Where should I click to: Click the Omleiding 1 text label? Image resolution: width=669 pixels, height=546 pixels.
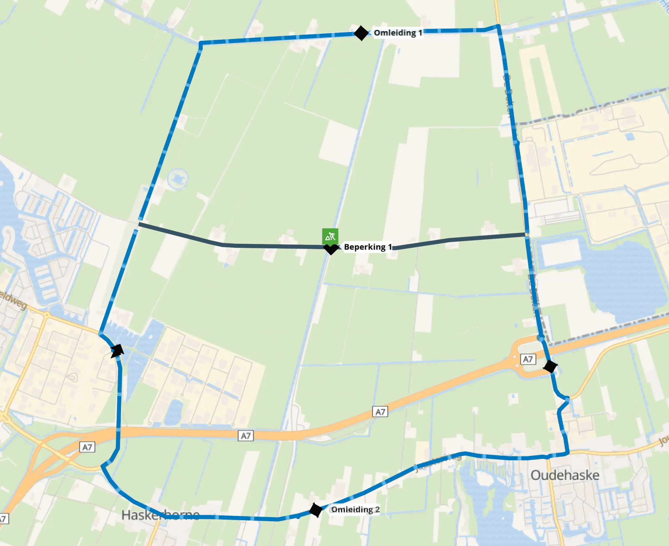click(398, 33)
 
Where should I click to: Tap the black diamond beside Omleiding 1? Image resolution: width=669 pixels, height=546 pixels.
click(361, 33)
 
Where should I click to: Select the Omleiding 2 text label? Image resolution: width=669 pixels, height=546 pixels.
click(355, 510)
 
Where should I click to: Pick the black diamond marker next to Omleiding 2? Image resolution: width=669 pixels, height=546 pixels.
click(316, 510)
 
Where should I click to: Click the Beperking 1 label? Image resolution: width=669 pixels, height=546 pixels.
click(367, 247)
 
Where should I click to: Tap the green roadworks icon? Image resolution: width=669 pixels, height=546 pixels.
click(330, 236)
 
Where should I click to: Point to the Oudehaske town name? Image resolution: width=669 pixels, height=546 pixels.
click(565, 475)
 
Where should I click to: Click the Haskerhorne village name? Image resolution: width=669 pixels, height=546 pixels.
click(160, 515)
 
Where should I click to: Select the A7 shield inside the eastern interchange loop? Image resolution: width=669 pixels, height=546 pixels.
click(528, 359)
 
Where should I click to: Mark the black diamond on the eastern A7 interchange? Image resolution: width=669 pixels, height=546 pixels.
click(550, 366)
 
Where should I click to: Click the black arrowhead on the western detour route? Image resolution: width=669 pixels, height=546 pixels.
click(117, 351)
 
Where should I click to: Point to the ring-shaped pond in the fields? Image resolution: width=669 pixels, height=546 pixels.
click(177, 178)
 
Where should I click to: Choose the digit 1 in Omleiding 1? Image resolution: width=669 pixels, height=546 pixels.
click(420, 33)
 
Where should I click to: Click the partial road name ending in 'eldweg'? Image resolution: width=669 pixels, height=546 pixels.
click(13, 300)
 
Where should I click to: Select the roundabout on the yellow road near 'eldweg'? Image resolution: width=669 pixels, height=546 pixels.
click(47, 315)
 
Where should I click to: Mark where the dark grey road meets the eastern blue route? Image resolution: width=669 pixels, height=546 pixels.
click(526, 234)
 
